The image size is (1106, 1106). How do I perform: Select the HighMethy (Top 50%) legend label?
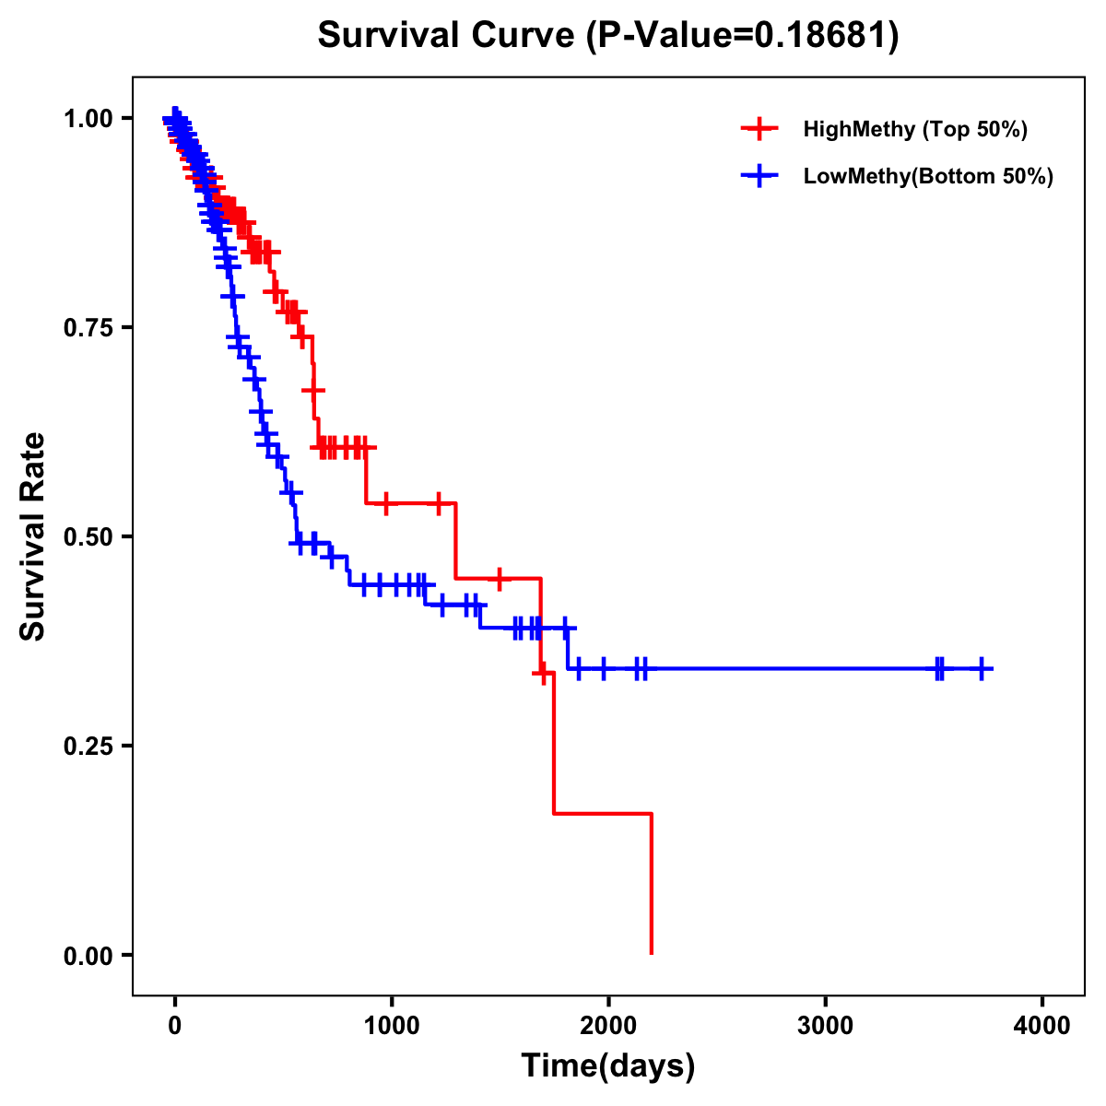[915, 129]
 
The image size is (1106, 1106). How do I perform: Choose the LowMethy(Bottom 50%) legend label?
[928, 176]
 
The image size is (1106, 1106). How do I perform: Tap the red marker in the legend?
[759, 129]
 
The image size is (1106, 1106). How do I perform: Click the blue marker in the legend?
[759, 176]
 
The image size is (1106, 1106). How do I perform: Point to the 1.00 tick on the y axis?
[88, 119]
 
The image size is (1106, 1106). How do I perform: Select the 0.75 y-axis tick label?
[88, 328]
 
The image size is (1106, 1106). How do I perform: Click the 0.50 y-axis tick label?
[88, 537]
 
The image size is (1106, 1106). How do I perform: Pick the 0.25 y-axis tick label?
[88, 747]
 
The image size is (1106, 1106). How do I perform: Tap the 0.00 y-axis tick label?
[88, 956]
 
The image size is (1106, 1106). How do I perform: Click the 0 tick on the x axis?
[175, 1026]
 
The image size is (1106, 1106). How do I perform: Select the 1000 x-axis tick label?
[392, 1026]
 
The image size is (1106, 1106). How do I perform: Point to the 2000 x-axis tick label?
[608, 1026]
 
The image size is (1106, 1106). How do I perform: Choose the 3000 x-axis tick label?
[826, 1026]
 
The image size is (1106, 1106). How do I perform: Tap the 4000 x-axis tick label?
[1042, 1026]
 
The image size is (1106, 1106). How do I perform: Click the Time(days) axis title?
[608, 1066]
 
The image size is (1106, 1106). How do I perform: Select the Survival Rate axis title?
[33, 536]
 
